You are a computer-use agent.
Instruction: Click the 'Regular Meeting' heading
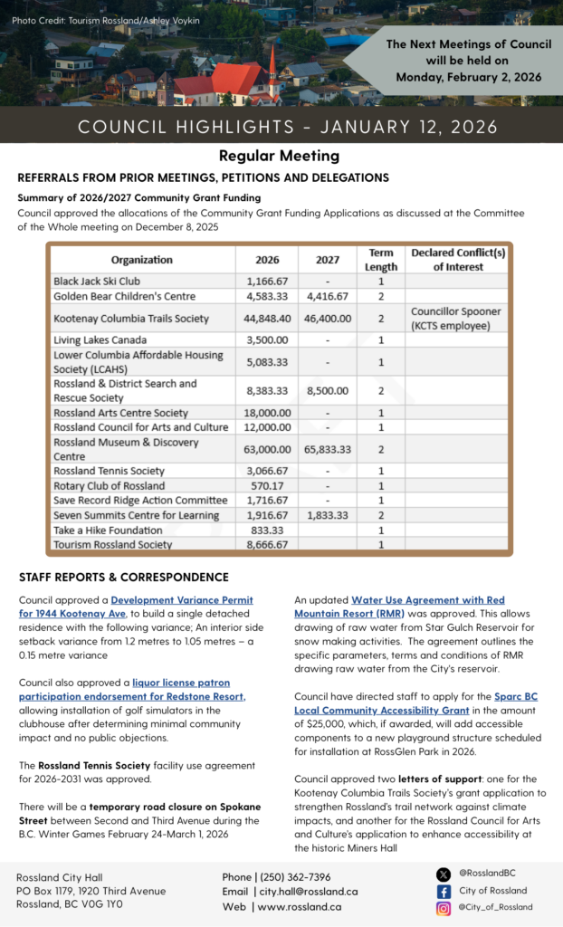pos(279,156)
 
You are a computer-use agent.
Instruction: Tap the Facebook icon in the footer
pos(444,891)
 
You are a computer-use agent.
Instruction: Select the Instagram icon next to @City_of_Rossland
pos(444,908)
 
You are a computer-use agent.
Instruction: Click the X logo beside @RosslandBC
pos(444,874)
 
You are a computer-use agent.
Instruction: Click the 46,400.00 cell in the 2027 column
pos(328,319)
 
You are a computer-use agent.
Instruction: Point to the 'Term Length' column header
pos(381,260)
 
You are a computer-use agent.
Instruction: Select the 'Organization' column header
pos(141,260)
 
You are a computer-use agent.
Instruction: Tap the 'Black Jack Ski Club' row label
pos(96,282)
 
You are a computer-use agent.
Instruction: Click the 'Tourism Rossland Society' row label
pos(112,545)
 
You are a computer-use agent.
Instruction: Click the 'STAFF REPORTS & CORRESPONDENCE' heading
pos(124,577)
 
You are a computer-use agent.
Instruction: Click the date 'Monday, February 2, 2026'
pos(468,77)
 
